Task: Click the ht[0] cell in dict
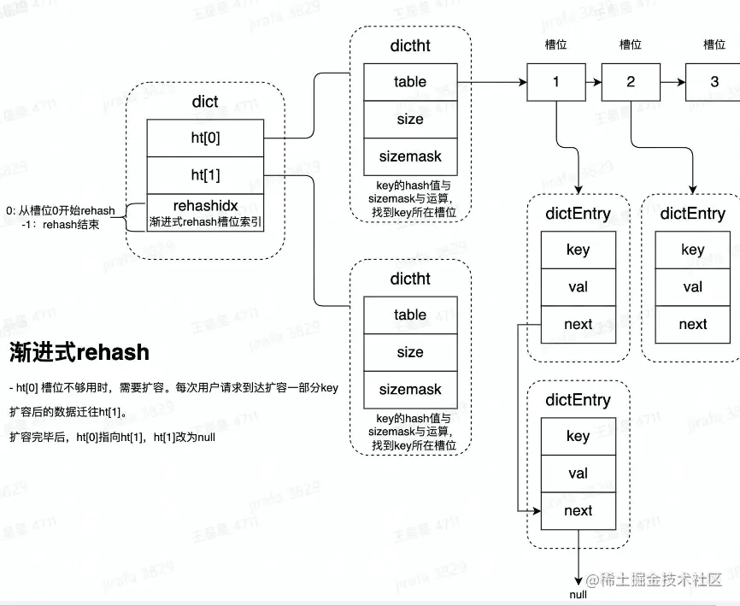pyautogui.click(x=205, y=137)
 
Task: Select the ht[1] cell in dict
pyautogui.click(x=205, y=175)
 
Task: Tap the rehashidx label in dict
pyautogui.click(x=205, y=206)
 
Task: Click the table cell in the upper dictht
pyautogui.click(x=410, y=82)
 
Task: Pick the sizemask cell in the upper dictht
pyautogui.click(x=410, y=156)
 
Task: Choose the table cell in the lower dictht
pyautogui.click(x=410, y=315)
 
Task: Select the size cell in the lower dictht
pyautogui.click(x=410, y=352)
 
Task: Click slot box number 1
pyautogui.click(x=556, y=82)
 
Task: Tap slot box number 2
pyautogui.click(x=631, y=82)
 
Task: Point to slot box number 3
pyautogui.click(x=714, y=82)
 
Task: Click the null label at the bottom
pyautogui.click(x=578, y=594)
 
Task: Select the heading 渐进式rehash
pyautogui.click(x=79, y=352)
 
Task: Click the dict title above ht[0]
pyautogui.click(x=205, y=102)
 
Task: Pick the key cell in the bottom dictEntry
pyautogui.click(x=578, y=436)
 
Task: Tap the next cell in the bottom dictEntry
pyautogui.click(x=578, y=510)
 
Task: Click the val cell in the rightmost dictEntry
pyautogui.click(x=692, y=286)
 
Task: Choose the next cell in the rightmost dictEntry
pyautogui.click(x=692, y=324)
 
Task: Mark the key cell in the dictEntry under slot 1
pyautogui.click(x=578, y=250)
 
